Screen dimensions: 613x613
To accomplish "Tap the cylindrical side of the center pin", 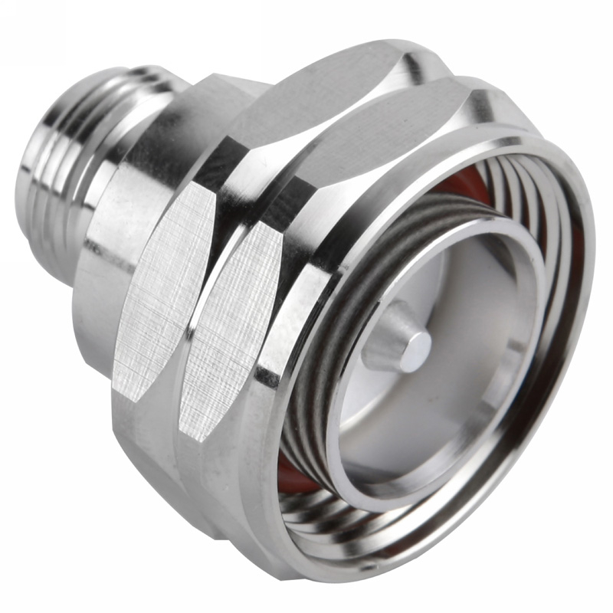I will pos(387,338).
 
